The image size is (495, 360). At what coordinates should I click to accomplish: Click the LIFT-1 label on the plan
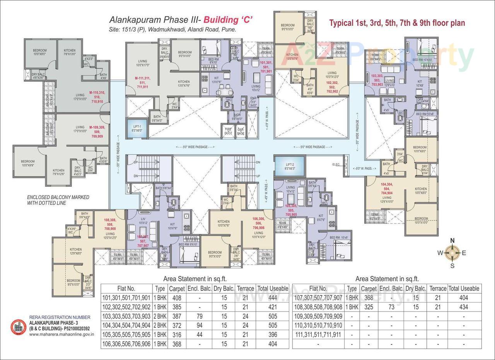coord(137,128)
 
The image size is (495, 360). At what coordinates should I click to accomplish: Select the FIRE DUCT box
coord(228,131)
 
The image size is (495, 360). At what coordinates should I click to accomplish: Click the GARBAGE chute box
coord(241,131)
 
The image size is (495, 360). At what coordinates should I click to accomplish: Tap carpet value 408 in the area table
coord(176,298)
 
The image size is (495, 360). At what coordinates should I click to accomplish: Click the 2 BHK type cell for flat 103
coord(160,316)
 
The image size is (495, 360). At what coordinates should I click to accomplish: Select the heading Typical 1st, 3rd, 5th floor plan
coord(397,23)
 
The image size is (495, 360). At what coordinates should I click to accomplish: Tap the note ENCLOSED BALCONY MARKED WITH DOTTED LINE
coord(58,200)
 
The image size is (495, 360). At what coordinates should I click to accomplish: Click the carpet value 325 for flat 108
coord(368,307)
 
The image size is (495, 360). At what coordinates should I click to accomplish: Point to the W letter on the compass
coord(440,253)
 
